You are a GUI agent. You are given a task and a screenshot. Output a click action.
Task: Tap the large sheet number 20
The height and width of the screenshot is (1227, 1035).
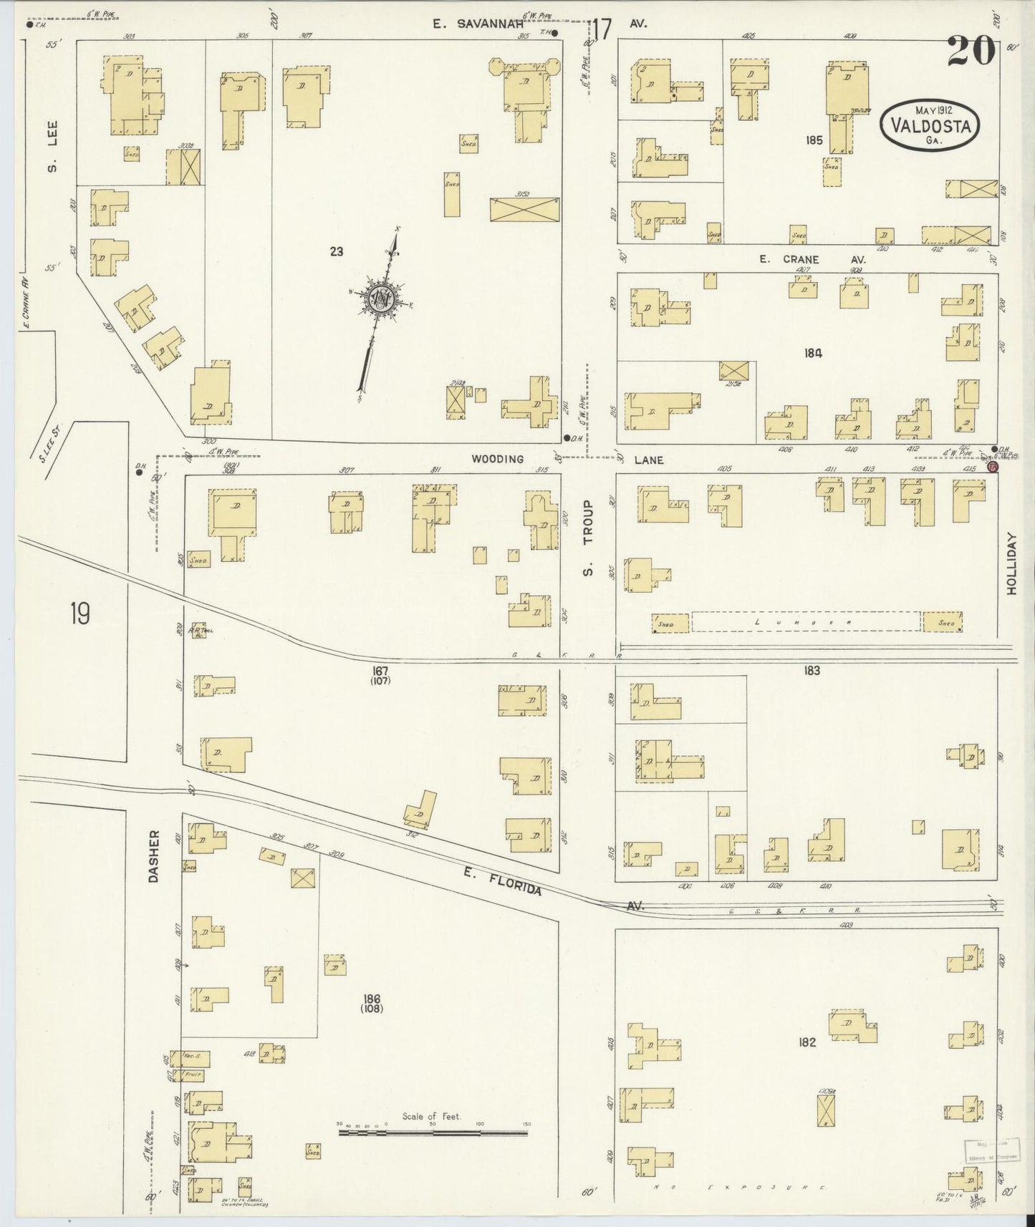[971, 52]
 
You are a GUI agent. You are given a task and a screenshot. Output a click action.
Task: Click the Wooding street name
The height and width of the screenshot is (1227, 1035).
[497, 459]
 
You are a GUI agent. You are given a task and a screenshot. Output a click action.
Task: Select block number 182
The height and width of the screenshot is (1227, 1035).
[807, 1042]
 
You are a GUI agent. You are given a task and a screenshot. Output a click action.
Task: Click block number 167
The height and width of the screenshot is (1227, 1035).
[380, 671]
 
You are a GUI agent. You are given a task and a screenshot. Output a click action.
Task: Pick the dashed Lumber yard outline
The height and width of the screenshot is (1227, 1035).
[806, 621]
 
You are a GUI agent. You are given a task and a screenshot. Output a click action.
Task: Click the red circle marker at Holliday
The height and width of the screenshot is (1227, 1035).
[992, 466]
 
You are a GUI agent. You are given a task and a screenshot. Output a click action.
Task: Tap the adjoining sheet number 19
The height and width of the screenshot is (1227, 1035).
[80, 613]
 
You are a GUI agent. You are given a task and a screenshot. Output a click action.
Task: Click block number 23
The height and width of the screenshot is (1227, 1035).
[336, 251]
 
